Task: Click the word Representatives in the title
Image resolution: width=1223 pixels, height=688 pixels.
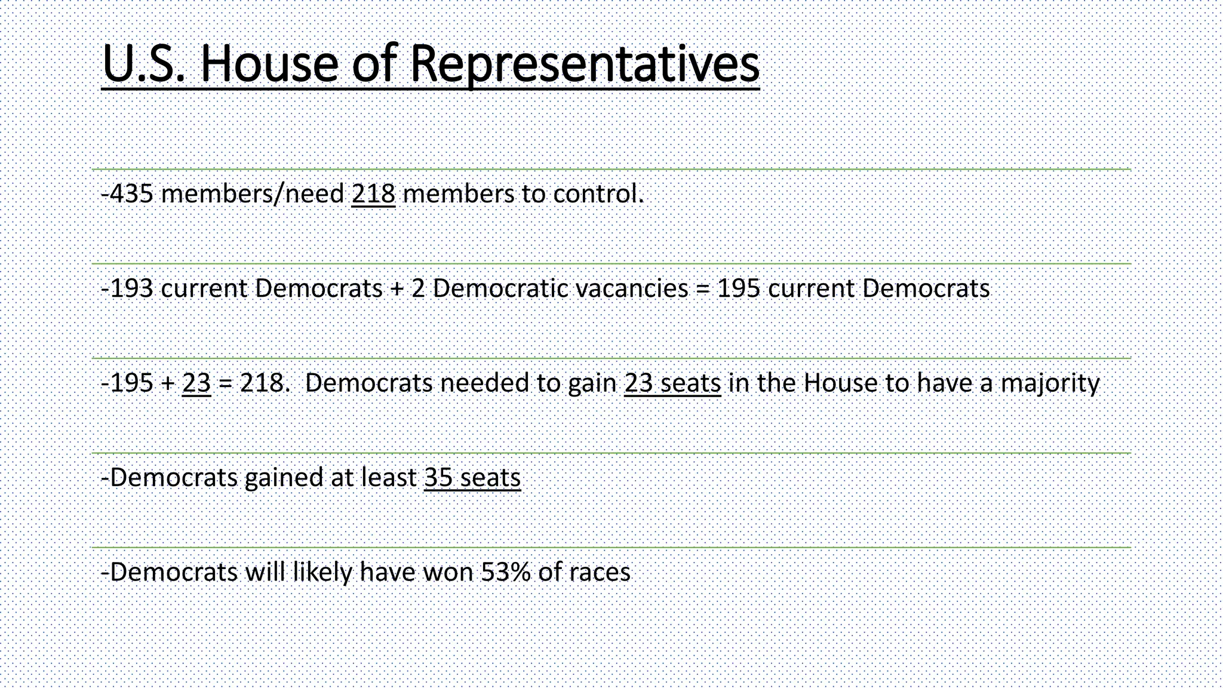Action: click(x=585, y=64)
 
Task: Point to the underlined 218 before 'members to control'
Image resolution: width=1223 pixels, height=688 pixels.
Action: click(x=373, y=193)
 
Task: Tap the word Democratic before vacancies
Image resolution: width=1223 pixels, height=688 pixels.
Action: click(x=500, y=288)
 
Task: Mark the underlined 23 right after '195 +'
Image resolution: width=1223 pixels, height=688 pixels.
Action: click(x=196, y=383)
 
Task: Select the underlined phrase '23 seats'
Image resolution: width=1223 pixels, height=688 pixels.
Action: click(x=672, y=383)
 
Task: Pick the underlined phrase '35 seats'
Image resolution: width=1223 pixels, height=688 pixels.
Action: click(x=472, y=478)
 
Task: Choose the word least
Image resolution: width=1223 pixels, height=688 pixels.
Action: click(x=389, y=478)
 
